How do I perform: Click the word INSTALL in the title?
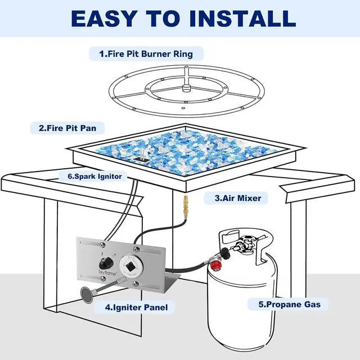pyautogui.click(x=242, y=19)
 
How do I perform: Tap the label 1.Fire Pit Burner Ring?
pyautogui.click(x=146, y=54)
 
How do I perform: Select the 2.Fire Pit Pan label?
pyautogui.click(x=67, y=128)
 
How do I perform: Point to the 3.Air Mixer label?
pyautogui.click(x=238, y=198)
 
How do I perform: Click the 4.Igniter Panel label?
pyautogui.click(x=136, y=308)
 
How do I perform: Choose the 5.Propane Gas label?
pyautogui.click(x=290, y=304)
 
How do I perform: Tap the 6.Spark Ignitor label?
pyautogui.click(x=94, y=176)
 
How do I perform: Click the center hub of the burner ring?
pyautogui.click(x=186, y=88)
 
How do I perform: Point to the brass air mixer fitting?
pyautogui.click(x=185, y=205)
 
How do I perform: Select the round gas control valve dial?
pyautogui.click(x=130, y=266)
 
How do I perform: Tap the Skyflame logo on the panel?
pyautogui.click(x=107, y=273)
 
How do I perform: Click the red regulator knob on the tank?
pyautogui.click(x=216, y=265)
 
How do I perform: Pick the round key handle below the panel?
pyautogui.click(x=87, y=295)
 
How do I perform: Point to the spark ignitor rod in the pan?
pyautogui.click(x=142, y=154)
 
